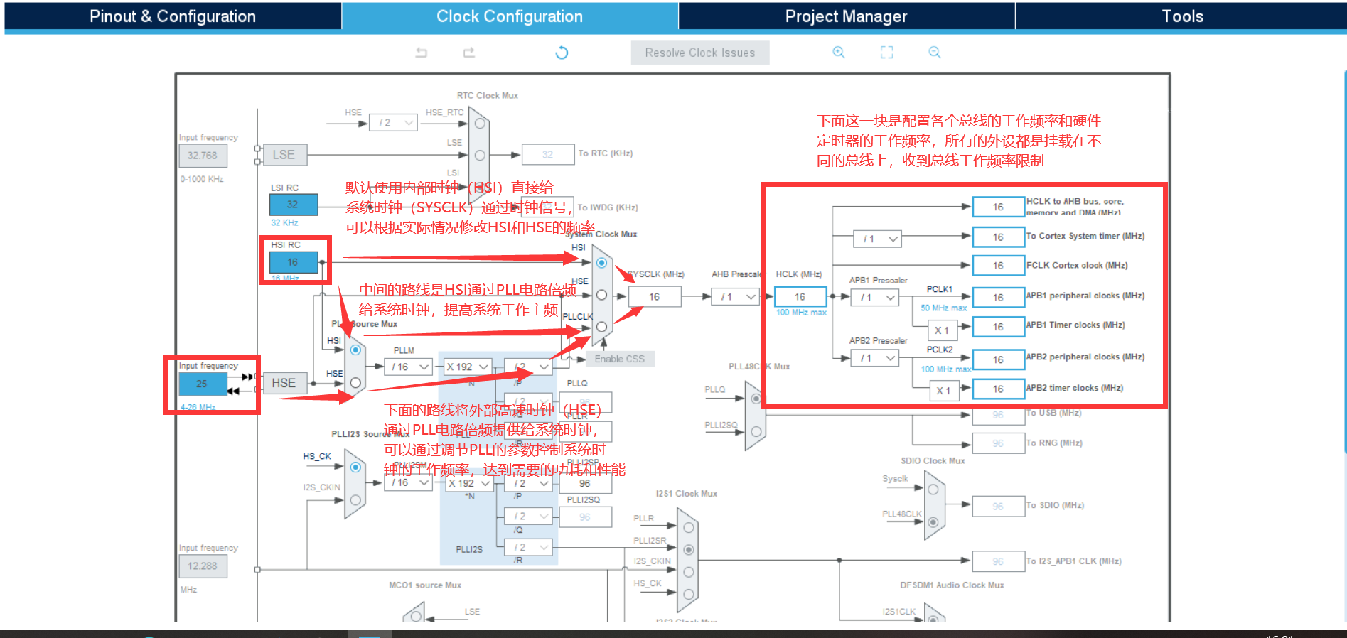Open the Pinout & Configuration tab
172,16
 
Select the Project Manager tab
846,16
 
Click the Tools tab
1181,16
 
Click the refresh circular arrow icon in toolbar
562,53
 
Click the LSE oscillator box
284,155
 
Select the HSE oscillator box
284,383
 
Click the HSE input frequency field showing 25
203,384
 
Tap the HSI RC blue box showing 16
293,262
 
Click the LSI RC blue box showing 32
293,205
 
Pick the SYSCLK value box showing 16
654,297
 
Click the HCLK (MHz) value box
800,297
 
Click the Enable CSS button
620,359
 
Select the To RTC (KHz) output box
547,154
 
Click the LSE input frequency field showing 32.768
203,156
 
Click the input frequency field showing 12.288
203,566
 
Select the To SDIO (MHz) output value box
998,507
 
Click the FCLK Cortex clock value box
998,266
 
